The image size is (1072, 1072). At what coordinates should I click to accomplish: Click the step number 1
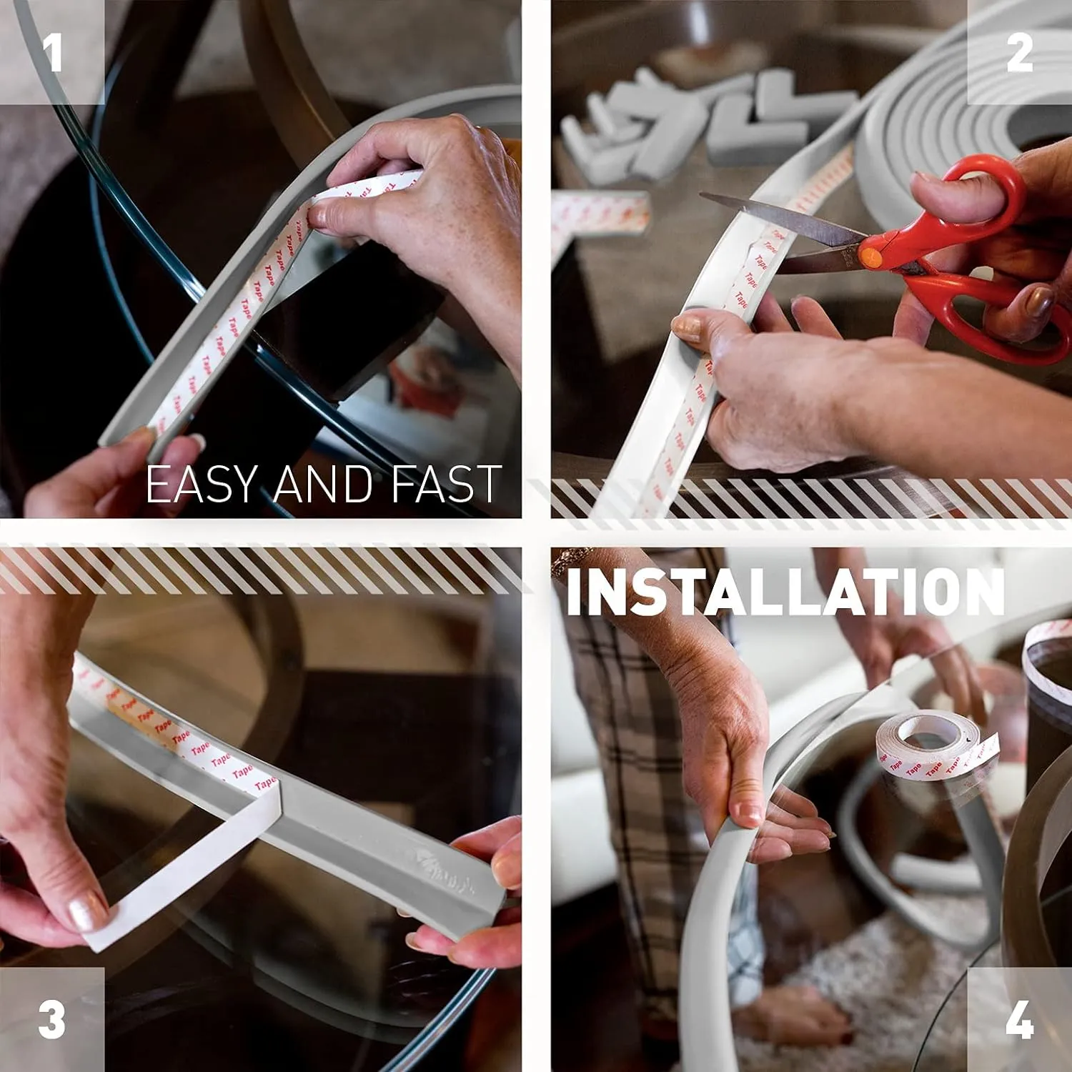point(52,53)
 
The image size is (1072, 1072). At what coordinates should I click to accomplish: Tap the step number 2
point(1019,53)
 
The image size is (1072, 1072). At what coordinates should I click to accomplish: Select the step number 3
point(52,1019)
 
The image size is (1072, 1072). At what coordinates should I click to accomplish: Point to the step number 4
point(1019,1019)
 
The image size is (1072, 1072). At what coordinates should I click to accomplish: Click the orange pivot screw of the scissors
point(869,257)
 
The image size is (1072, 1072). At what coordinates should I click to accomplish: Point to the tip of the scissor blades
point(704,195)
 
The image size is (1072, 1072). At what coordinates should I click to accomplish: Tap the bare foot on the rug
point(793,1015)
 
